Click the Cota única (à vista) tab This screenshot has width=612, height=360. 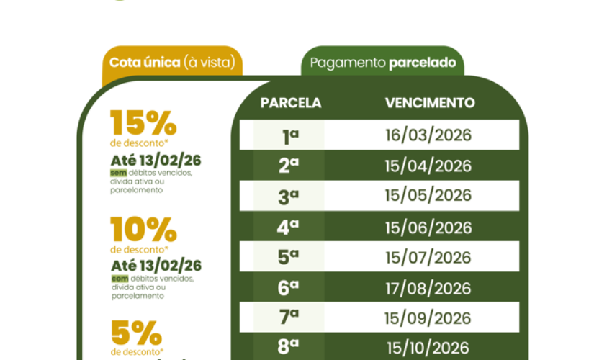point(172,62)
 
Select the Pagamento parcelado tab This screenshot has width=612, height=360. point(382,63)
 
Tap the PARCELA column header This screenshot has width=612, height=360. point(290,103)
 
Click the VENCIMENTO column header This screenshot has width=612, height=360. point(430,103)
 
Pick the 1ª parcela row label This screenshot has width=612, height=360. point(289,135)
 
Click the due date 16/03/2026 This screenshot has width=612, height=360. point(428,135)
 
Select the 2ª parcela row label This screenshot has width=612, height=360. point(289,166)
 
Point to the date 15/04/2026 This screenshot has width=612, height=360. point(428,166)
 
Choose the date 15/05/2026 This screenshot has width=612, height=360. point(428,196)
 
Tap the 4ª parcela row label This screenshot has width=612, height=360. point(289,228)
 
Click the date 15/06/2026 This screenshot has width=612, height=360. point(428,228)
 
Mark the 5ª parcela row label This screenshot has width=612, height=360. point(289,258)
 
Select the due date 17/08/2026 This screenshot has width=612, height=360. point(428,289)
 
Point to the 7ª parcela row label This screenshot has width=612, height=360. point(289,318)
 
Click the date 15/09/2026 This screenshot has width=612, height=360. point(428,318)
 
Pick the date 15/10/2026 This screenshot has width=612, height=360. point(428,346)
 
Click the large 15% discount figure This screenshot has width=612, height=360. point(143,123)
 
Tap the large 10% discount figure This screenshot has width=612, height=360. point(143,230)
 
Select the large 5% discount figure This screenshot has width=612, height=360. point(136,333)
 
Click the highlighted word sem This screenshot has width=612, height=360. point(117,174)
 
